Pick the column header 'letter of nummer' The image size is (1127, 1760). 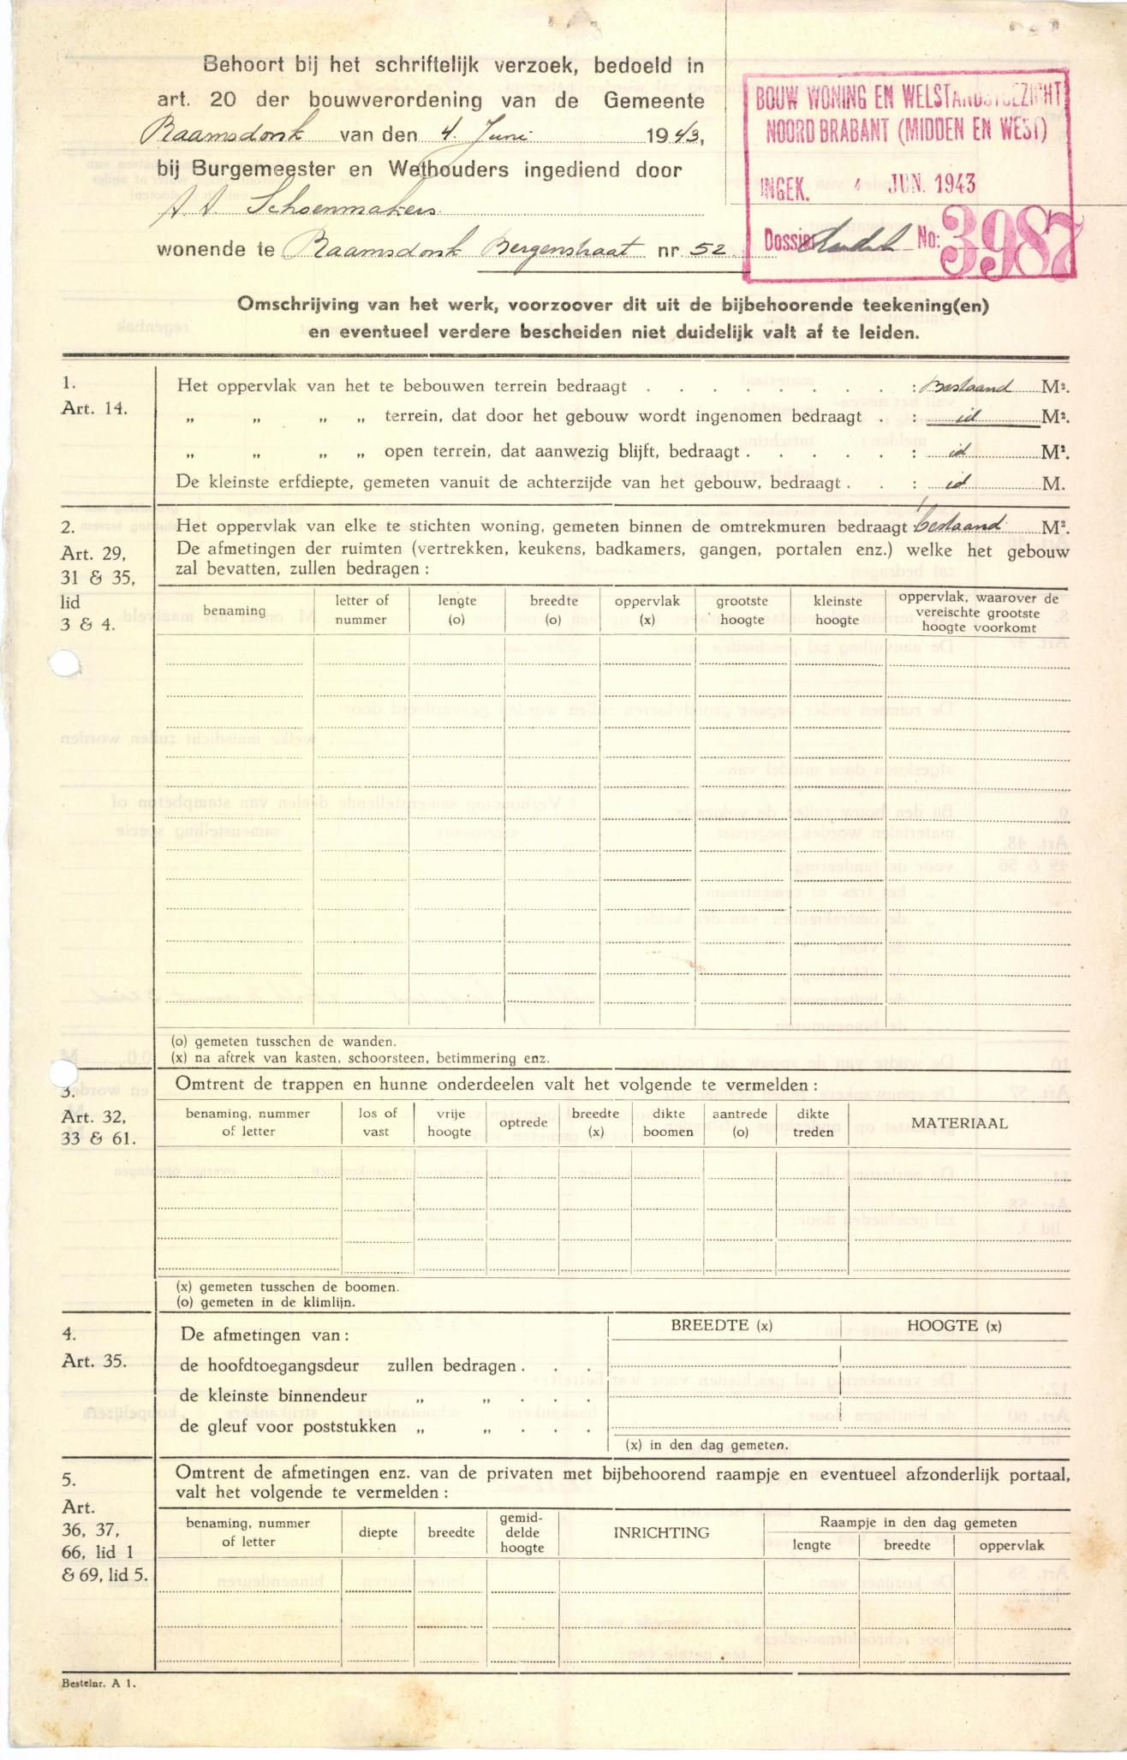point(361,609)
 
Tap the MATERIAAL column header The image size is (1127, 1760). point(959,1122)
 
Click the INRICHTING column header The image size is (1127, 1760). point(661,1531)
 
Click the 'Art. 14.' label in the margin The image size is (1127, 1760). point(94,408)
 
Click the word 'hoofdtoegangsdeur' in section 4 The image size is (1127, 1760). point(270,1365)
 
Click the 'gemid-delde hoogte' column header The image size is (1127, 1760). point(522,1531)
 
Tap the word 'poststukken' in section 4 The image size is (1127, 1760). point(349,1427)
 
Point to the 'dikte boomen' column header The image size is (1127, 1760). point(668,1122)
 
